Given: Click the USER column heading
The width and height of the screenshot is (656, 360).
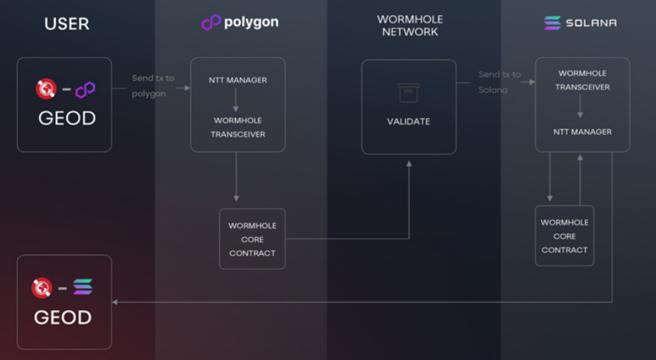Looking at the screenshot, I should pos(66,24).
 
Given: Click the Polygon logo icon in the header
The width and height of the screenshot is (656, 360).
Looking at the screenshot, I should pos(211,23).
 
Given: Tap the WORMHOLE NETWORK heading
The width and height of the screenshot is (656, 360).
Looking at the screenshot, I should pos(409,26).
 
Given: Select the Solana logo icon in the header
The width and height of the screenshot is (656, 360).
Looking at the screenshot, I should pos(552,23).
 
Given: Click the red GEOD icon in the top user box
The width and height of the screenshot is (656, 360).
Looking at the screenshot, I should pos(46,89).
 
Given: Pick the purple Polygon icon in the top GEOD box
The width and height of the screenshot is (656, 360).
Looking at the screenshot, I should pos(86,90).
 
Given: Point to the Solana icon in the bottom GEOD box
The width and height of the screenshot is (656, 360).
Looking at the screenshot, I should pos(83,287).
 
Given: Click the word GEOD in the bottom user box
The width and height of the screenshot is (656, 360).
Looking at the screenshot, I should pos(63,316).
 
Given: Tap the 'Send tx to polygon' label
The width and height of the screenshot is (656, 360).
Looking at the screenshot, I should pos(152,85).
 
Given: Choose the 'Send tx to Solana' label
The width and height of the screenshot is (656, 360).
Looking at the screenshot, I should pos(499,81).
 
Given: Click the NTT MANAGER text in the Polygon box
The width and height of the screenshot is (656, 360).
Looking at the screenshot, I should pos(238,80).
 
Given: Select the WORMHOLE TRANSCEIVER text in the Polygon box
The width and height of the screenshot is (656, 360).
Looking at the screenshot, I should pos(238,127).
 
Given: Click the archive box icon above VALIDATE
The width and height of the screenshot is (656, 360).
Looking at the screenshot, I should pos(409,93).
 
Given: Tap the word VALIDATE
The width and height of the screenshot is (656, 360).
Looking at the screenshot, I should pos(409,121).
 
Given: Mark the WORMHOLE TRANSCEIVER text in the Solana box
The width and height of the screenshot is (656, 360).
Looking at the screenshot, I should pos(582,80).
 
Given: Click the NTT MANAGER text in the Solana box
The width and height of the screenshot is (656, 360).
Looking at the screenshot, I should pos(582,132).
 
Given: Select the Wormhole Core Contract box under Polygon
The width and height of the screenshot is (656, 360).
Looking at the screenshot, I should pos(252,239).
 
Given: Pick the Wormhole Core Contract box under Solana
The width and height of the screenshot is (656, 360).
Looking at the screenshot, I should pos(565,236).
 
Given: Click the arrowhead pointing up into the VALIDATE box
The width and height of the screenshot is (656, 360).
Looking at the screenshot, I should pos(409,164).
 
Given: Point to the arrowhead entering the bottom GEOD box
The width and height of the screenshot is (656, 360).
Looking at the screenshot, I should pos(116,302).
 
